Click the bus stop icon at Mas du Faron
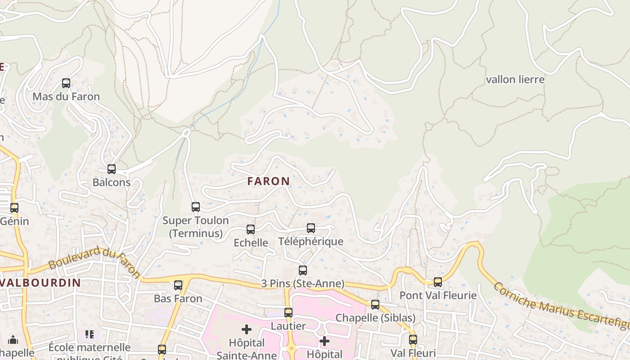(66, 83)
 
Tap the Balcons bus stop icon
(112, 169)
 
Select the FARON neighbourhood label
(269, 181)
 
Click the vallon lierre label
(515, 80)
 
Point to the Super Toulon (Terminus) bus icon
(196, 207)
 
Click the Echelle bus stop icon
(251, 229)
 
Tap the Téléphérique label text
(310, 242)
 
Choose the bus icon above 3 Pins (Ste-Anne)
(303, 270)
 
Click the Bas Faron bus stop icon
(178, 285)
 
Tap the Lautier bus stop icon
(288, 313)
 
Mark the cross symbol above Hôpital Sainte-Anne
(247, 329)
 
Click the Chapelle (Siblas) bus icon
(375, 305)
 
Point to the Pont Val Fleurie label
(438, 296)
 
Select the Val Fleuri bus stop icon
(413, 340)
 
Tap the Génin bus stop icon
(14, 208)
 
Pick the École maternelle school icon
(89, 334)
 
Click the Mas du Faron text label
(66, 97)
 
